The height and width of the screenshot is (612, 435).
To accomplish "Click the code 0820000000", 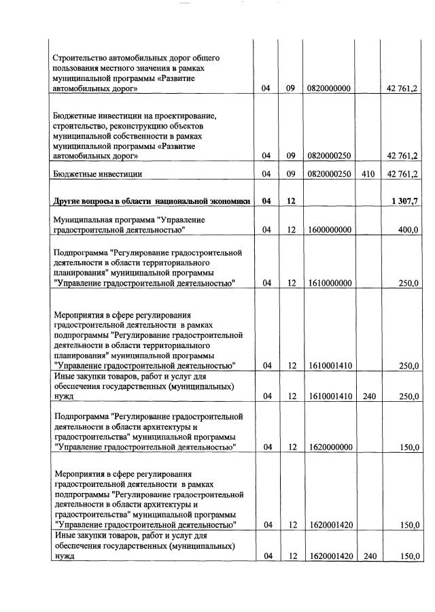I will point(329,88).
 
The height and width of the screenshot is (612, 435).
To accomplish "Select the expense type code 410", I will point(368,174).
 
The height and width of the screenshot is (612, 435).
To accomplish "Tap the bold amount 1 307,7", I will point(404,201).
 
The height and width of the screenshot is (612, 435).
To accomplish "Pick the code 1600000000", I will point(329,231).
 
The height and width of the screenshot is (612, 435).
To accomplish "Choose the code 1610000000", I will point(329,284).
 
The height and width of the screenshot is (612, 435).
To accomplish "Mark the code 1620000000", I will point(329,447).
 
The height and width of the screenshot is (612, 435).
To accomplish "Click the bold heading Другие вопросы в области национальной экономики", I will point(152,201).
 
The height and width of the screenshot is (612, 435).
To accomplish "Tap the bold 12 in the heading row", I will point(290,201).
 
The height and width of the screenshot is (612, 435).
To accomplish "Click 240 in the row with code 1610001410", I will point(368,396).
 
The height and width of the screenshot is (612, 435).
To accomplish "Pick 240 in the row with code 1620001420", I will point(368,556).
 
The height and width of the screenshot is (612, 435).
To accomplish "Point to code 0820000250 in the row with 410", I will point(329,174).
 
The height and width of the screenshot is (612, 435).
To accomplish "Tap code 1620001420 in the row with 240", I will point(329,556).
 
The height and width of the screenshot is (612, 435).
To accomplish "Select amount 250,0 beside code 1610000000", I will point(408,284).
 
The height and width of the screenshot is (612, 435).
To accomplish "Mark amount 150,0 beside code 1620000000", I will point(408,447).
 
